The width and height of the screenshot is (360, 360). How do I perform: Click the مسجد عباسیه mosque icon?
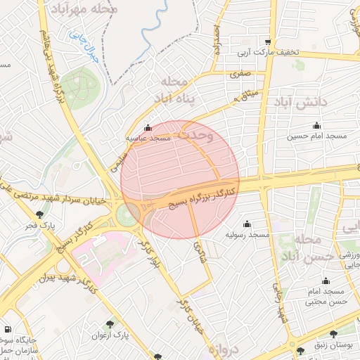click(148, 128)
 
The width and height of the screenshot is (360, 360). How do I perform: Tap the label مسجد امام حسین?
click(319, 134)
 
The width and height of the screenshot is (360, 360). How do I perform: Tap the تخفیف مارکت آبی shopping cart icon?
click(267, 41)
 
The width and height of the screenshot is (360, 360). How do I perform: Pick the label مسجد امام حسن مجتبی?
click(324, 296)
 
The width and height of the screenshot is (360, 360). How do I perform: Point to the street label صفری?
click(240, 72)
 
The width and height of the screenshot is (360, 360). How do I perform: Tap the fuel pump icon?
click(7, 328)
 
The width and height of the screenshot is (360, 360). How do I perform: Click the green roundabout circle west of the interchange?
click(128, 214)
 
